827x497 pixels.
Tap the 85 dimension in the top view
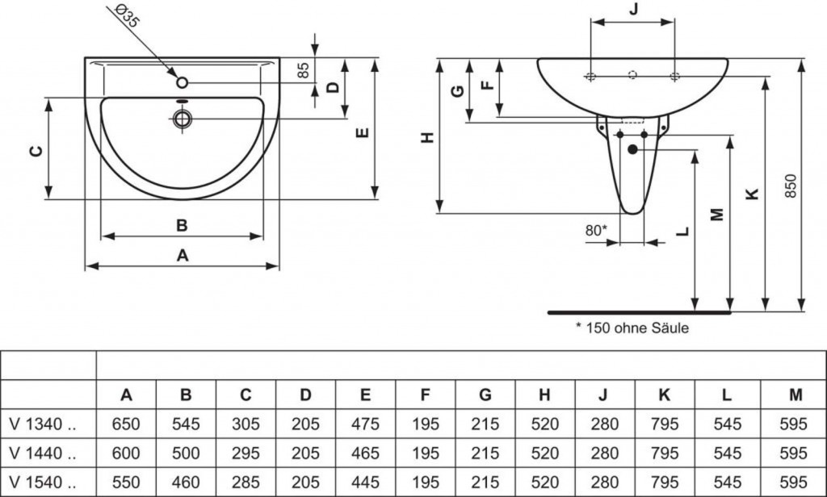point(304,70)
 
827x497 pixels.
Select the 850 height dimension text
point(791,186)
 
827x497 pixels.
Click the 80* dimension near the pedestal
point(596,230)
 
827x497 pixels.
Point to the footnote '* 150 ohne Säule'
point(632,328)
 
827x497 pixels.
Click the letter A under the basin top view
point(183,255)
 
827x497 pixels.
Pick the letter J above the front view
point(633,10)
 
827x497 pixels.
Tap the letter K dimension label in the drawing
point(752,194)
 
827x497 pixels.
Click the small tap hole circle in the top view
point(183,81)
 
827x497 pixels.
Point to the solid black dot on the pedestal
point(632,149)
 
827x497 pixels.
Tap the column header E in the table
point(366,395)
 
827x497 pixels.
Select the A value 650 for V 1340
point(126,424)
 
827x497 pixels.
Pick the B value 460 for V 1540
point(186,480)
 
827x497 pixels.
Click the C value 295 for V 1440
point(246,452)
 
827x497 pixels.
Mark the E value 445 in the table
point(366,480)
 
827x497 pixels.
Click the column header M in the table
point(796,395)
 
